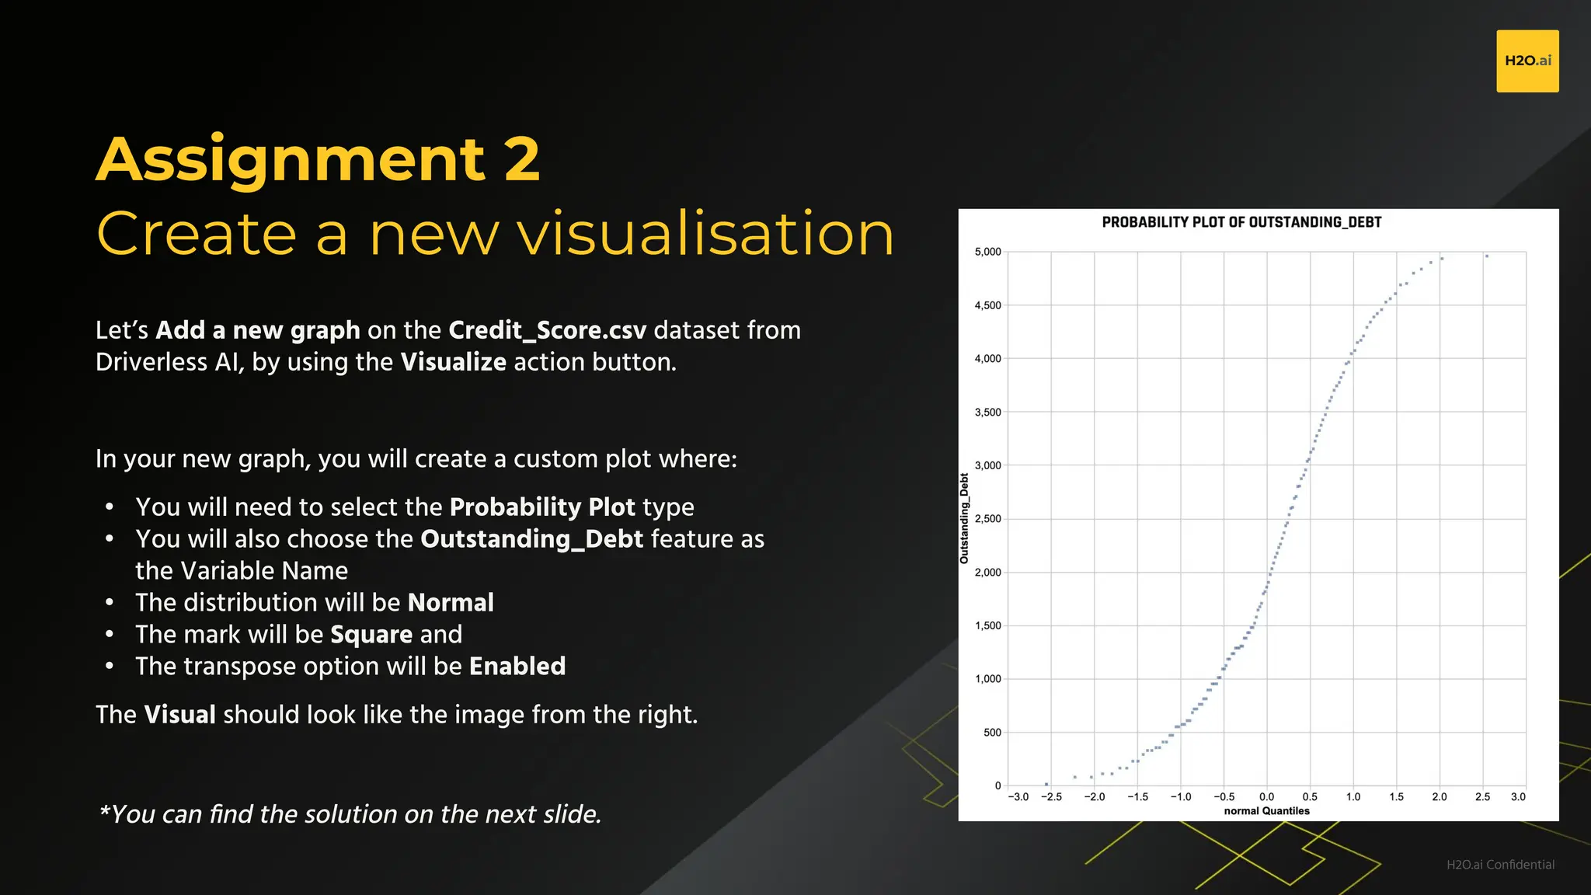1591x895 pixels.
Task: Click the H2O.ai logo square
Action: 1527,61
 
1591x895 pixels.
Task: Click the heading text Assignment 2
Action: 318,159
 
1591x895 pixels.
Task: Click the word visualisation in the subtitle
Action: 705,233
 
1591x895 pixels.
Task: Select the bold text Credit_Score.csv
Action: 547,330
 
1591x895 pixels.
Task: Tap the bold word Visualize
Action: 453,362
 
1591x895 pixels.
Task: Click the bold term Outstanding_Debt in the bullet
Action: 531,539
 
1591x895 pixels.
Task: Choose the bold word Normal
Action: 451,603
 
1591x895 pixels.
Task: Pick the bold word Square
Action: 371,635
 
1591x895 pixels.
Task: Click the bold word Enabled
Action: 517,667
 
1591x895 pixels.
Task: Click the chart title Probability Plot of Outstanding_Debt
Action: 1241,222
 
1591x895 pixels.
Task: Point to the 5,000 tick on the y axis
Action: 987,252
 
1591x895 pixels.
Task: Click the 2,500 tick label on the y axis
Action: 987,519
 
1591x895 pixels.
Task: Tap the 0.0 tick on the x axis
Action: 1266,797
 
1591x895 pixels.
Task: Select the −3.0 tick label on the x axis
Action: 1018,797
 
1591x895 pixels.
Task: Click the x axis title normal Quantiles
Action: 1266,811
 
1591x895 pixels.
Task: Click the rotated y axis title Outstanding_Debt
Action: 964,518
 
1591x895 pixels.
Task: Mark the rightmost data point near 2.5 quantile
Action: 1487,256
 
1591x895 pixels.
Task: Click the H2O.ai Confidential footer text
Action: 1499,865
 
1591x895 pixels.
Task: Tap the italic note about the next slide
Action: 350,814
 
